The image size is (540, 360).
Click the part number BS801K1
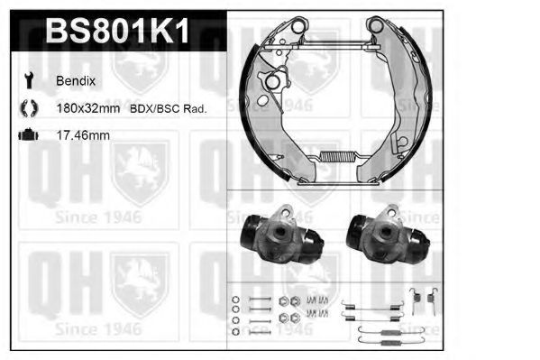[x=117, y=33]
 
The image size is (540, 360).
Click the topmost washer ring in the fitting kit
[x=236, y=300]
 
